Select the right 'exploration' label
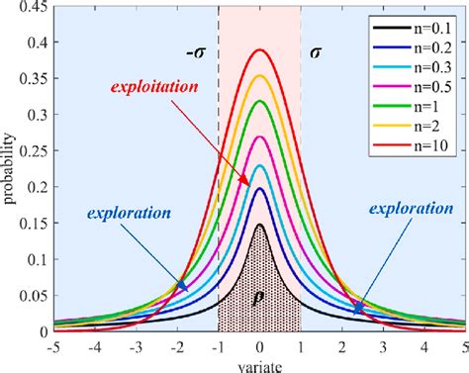pyautogui.click(x=406, y=212)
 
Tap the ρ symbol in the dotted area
pyautogui.click(x=258, y=294)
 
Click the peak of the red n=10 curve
pyautogui.click(x=259, y=49)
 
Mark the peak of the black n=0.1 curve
pyautogui.click(x=259, y=225)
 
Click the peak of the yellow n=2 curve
pyautogui.click(x=259, y=75)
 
